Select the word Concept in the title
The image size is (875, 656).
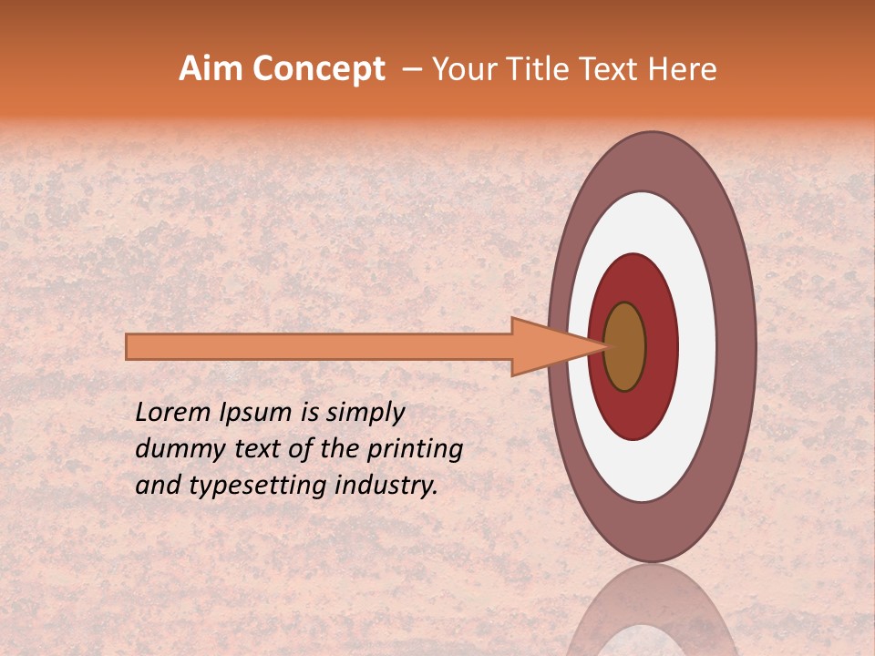(x=318, y=70)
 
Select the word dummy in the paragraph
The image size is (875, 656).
(x=174, y=449)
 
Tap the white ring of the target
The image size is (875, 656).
(x=696, y=346)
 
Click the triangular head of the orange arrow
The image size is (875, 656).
(x=547, y=346)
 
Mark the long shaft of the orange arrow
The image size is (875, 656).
(x=319, y=346)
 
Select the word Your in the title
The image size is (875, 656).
(x=458, y=69)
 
